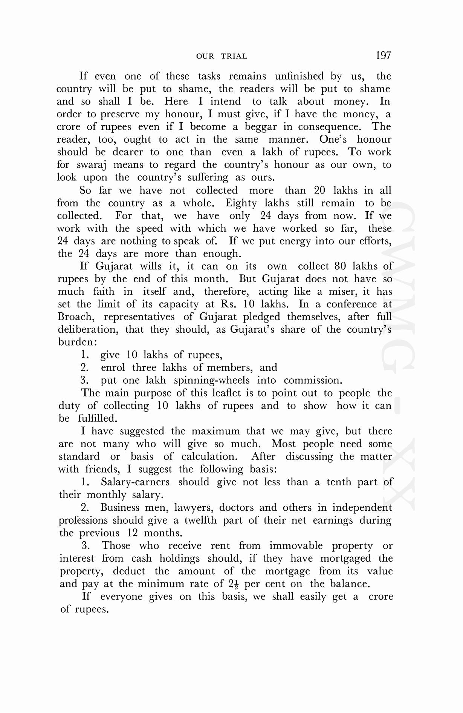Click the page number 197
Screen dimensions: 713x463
[384, 56]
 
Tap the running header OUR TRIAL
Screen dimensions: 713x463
[222, 57]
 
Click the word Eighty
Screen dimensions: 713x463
[241, 203]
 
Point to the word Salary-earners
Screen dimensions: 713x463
[135, 482]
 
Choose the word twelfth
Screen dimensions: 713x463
[200, 521]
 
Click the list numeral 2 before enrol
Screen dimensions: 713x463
[84, 368]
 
